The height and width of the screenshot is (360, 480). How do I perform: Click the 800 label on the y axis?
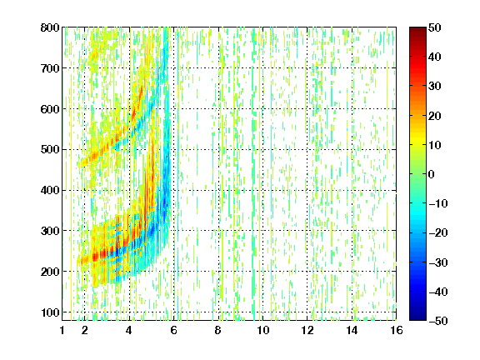(50, 27)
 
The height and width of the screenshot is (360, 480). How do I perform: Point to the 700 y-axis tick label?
(50, 68)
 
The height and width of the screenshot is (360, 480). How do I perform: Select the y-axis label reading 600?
(50, 109)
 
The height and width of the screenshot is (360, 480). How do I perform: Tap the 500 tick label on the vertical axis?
(50, 150)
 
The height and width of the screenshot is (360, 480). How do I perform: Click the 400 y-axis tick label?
(50, 190)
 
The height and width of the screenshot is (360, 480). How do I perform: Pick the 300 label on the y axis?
(50, 231)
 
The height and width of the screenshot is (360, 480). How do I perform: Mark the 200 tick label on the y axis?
(50, 272)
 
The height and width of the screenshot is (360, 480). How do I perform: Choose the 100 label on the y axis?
(50, 312)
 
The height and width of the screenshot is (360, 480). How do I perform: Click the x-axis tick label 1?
(62, 330)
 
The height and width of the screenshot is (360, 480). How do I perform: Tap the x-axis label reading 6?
(174, 330)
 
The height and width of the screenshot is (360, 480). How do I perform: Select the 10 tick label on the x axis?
(263, 330)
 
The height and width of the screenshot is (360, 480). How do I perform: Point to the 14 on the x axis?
(352, 330)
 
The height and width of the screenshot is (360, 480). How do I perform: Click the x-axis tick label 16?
(397, 330)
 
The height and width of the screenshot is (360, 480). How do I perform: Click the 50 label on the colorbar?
(435, 27)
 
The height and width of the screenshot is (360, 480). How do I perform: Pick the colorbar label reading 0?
(432, 174)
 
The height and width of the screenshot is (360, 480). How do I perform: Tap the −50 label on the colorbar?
(438, 321)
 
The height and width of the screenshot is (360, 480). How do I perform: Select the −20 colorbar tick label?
(438, 232)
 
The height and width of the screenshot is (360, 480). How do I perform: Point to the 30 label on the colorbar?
(435, 86)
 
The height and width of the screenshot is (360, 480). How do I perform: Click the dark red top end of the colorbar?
(417, 29)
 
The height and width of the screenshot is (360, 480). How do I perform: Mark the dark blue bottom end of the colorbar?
(417, 318)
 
